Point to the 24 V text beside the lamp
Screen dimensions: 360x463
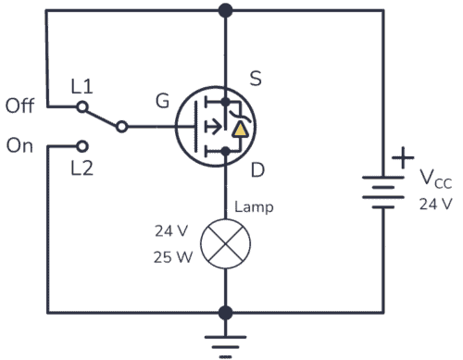click(173, 231)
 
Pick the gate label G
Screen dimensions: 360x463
click(162, 102)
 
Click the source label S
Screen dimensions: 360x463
click(257, 80)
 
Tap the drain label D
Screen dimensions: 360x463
click(257, 170)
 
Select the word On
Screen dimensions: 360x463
click(20, 146)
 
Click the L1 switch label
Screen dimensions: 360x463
click(82, 86)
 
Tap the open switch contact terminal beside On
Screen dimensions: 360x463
click(82, 145)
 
